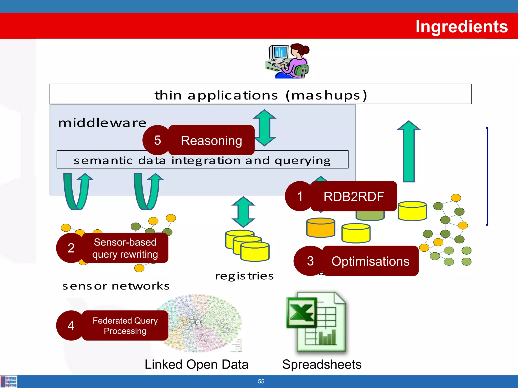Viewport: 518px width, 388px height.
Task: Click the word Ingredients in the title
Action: click(x=461, y=27)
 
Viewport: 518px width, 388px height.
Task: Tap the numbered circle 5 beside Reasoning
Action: click(x=157, y=140)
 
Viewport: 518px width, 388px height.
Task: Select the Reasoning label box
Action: click(x=211, y=140)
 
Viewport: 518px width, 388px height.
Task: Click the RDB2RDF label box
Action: click(x=354, y=196)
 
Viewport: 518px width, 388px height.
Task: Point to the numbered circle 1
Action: click(x=300, y=196)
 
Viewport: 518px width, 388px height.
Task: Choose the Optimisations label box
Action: click(x=370, y=261)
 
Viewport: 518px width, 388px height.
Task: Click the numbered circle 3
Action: click(x=310, y=261)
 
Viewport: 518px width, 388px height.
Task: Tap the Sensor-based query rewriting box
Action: click(x=125, y=248)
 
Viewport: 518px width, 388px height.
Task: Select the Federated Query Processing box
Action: click(x=125, y=326)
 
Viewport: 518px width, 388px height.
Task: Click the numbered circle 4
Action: click(x=71, y=326)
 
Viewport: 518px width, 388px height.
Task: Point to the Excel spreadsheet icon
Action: click(x=316, y=322)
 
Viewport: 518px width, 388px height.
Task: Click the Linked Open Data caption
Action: click(x=196, y=365)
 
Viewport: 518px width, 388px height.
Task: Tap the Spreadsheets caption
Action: click(x=322, y=365)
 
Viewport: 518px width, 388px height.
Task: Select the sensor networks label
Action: click(x=116, y=286)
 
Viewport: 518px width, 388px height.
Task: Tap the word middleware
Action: click(x=102, y=123)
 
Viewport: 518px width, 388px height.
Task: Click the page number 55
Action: click(x=261, y=381)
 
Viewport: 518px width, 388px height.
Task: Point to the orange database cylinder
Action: click(x=321, y=228)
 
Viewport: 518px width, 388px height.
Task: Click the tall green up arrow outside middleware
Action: click(x=409, y=152)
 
